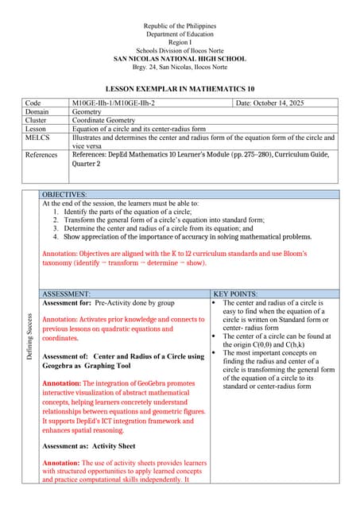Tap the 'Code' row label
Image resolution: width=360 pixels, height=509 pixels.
(x=33, y=103)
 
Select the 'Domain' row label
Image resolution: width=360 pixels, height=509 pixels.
(x=38, y=112)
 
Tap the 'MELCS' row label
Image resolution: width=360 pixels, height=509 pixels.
(x=37, y=138)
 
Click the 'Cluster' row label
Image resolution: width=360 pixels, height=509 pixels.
(x=37, y=121)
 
